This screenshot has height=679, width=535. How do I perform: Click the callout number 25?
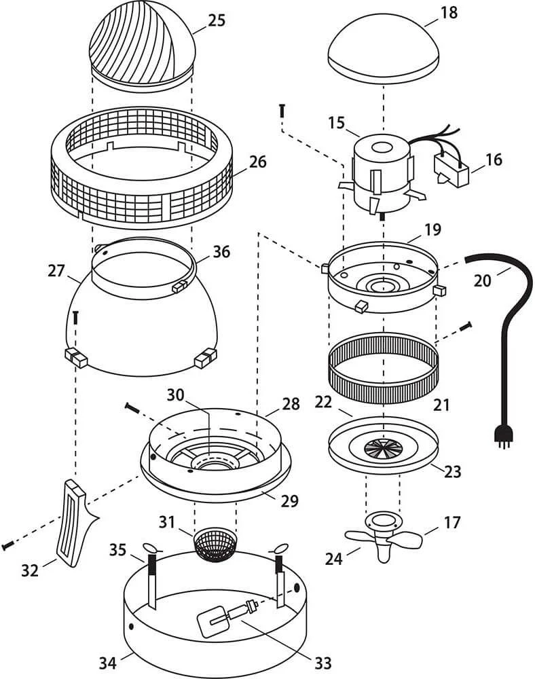click(x=216, y=20)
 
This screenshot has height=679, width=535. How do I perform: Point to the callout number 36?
click(x=221, y=251)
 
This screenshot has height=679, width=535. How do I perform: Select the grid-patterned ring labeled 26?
click(x=143, y=174)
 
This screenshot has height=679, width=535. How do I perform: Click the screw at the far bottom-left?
click(x=7, y=545)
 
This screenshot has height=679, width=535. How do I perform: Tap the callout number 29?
click(x=290, y=500)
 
